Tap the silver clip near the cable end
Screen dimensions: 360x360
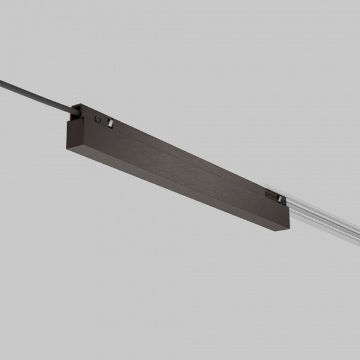[x=110, y=123]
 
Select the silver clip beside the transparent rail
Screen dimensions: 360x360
[x=280, y=197]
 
